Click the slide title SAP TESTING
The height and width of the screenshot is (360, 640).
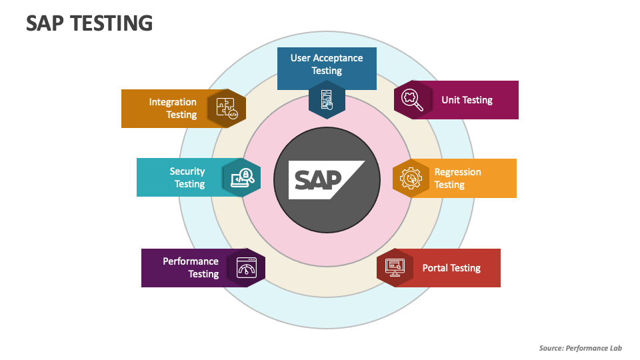(x=89, y=23)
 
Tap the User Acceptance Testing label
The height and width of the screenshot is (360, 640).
(x=327, y=64)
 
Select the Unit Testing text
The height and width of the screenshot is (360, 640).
(x=467, y=100)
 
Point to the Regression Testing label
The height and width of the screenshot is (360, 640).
(x=457, y=178)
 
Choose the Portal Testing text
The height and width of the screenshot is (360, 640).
(x=451, y=268)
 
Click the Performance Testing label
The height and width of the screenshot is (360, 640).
(x=191, y=267)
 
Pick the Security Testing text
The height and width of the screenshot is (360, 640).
(x=187, y=177)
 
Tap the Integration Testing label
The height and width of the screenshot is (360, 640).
(x=173, y=108)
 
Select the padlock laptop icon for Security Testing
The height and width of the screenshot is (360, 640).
(x=241, y=177)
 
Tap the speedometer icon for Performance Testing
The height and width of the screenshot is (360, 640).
(x=247, y=267)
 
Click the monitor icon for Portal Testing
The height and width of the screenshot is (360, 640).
(x=395, y=267)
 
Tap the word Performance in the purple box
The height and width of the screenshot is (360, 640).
(x=191, y=261)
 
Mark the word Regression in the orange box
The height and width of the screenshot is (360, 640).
(x=457, y=172)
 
